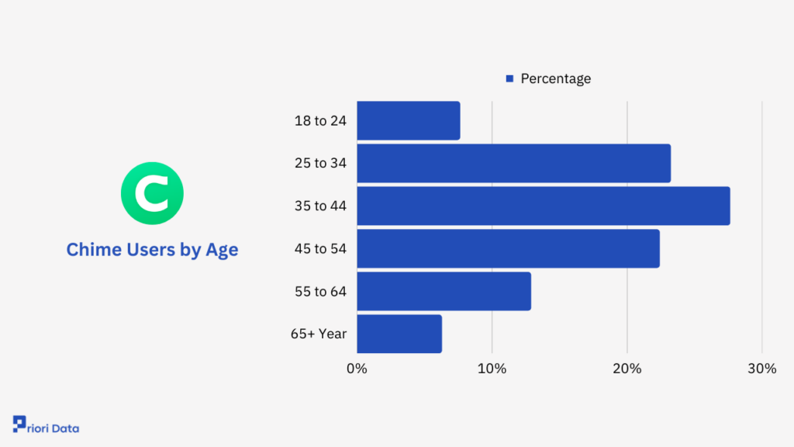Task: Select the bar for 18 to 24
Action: point(409,120)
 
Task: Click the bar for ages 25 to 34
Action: point(514,163)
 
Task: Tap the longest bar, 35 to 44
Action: point(544,206)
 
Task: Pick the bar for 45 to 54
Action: point(509,248)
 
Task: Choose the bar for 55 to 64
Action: point(444,292)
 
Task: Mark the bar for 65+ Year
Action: point(399,334)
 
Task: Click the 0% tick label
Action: point(357,369)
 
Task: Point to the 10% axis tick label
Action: point(492,369)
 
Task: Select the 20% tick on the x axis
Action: point(627,369)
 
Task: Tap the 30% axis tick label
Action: point(762,369)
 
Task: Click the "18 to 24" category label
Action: point(320,120)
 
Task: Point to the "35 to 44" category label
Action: point(320,206)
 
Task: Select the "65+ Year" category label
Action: point(319,334)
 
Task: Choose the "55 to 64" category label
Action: point(320,292)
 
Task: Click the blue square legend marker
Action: point(510,78)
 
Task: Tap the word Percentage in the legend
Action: point(555,78)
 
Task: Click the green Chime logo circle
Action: point(153,193)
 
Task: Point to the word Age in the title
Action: point(222,250)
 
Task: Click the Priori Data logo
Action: point(46,424)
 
